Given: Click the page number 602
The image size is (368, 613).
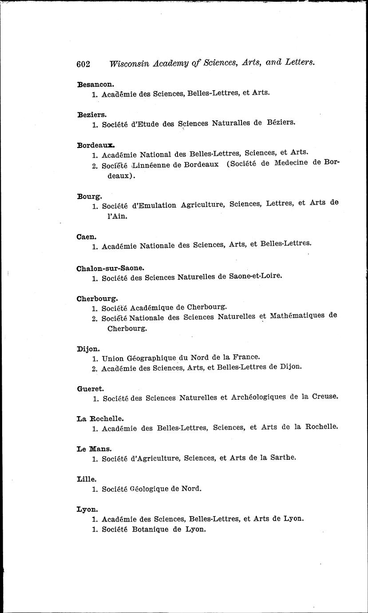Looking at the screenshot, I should [83, 64].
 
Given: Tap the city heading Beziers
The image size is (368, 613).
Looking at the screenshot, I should [91, 114].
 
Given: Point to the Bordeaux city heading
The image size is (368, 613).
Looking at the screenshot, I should [96, 145].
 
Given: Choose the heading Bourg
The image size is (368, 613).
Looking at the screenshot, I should [89, 196].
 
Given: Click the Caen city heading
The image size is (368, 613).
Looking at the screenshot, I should [87, 237].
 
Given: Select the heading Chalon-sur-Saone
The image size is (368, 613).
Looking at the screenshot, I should [111, 268].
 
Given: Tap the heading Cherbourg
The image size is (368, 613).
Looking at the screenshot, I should [97, 299].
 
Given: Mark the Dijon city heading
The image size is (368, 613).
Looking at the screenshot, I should [88, 349].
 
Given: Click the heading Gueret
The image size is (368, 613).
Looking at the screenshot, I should [90, 388].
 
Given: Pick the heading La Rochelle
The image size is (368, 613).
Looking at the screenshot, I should [100, 418].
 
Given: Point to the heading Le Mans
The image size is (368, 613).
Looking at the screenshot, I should [94, 449].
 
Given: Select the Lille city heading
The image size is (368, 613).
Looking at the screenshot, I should [87, 479].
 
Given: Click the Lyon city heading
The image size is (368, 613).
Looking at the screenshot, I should [87, 510].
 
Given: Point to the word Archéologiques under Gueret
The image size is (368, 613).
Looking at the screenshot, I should [258, 397].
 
